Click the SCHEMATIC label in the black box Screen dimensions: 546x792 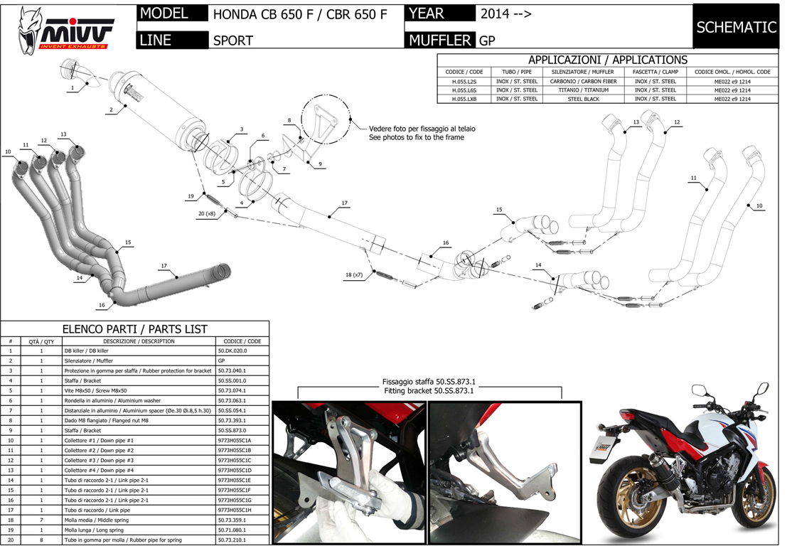[x=736, y=28]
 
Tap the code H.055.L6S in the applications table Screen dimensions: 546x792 [x=465, y=90]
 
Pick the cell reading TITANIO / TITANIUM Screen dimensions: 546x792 [x=582, y=90]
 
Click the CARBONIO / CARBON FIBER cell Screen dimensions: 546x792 [x=582, y=81]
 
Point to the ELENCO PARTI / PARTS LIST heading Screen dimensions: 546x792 [x=135, y=329]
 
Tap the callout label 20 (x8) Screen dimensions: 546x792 [x=206, y=213]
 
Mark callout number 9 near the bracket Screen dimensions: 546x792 [x=320, y=164]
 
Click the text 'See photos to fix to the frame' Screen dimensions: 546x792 [x=416, y=137]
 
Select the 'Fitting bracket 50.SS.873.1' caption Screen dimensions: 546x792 [x=429, y=391]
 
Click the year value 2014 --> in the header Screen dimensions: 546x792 [x=505, y=14]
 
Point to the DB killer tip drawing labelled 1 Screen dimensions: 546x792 [x=79, y=72]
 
